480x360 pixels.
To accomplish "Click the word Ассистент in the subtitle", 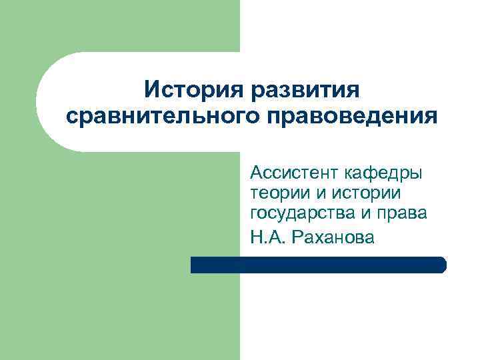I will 294,174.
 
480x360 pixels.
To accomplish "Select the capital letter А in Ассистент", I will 256,174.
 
